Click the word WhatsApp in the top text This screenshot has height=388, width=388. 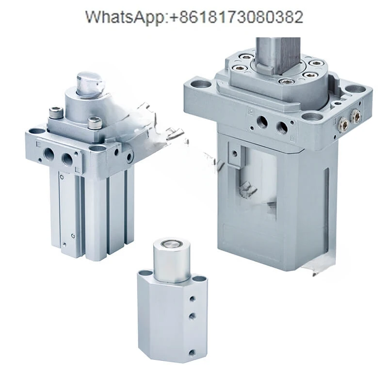125,17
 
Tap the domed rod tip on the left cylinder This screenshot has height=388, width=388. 91,83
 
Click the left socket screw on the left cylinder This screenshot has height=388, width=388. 55,112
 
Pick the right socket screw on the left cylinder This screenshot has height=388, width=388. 95,122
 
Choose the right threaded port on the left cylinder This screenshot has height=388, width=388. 67,159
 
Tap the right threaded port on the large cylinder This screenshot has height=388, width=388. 282,127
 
